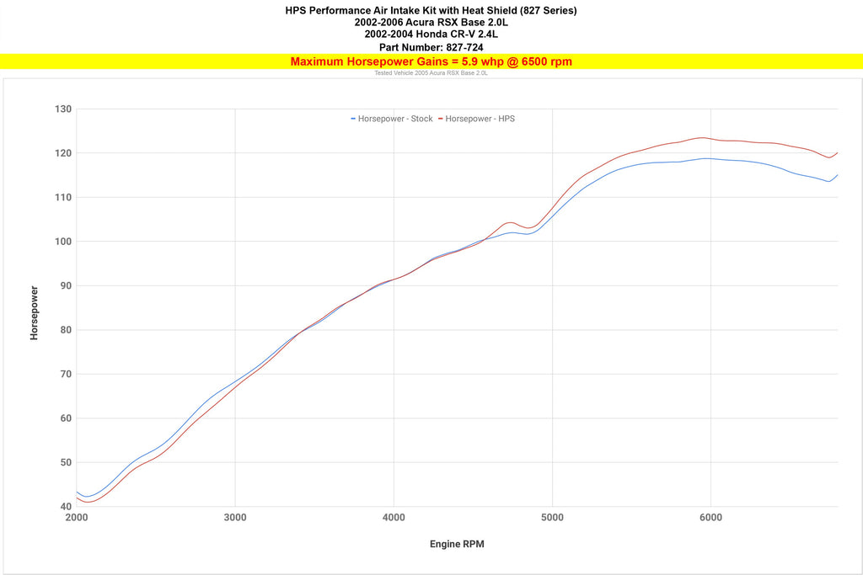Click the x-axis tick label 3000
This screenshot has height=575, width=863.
coord(235,517)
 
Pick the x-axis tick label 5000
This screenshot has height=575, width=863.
coord(552,517)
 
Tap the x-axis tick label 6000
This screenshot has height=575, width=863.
coord(710,517)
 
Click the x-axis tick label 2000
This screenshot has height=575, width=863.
coord(77,517)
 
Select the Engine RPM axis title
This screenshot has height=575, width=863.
coord(457,544)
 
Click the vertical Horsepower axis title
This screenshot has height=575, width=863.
coord(35,312)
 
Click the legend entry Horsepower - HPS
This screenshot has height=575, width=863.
coord(480,119)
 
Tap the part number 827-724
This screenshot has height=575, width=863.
coord(463,47)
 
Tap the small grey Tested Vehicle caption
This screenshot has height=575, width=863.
coord(431,73)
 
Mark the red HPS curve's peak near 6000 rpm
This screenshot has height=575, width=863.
coord(701,137)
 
